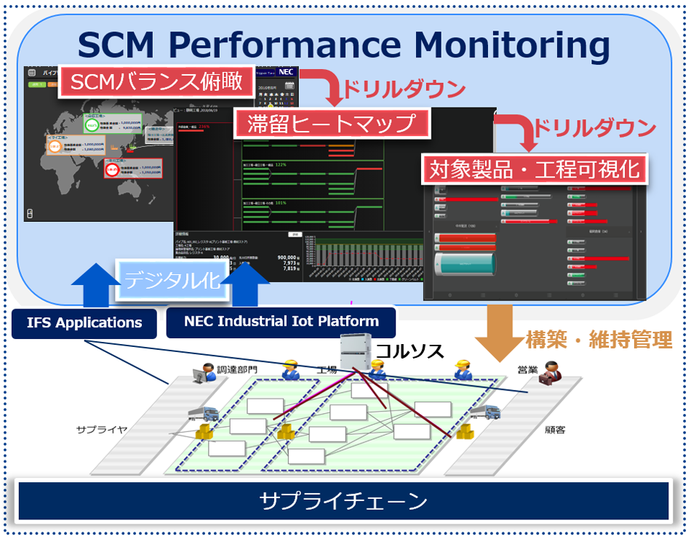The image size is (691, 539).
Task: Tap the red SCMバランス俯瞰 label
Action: (x=156, y=81)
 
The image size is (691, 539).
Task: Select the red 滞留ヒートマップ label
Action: (x=333, y=123)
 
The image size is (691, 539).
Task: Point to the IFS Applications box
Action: (x=84, y=322)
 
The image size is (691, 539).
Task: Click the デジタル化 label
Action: (x=171, y=280)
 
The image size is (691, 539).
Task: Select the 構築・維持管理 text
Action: (x=598, y=340)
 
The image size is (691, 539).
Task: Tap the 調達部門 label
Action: (x=237, y=370)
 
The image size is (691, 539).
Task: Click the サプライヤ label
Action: (x=102, y=429)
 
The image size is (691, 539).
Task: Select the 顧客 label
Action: (x=555, y=429)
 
